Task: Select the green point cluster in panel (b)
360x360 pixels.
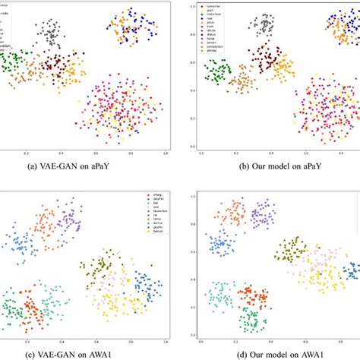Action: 217,72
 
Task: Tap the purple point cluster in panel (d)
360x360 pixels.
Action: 264,213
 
